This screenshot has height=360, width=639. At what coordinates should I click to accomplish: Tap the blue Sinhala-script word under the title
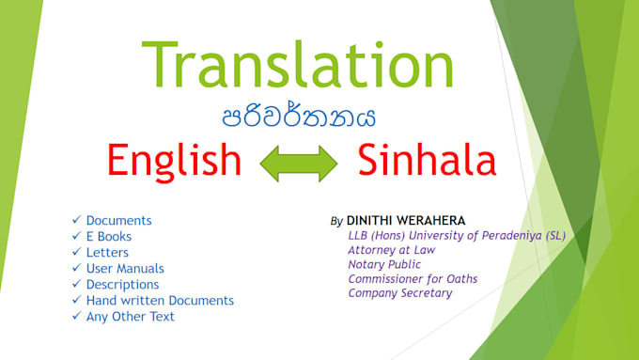click(299, 118)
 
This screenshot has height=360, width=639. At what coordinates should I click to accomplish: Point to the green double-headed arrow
click(299, 163)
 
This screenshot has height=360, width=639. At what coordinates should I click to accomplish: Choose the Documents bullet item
click(118, 221)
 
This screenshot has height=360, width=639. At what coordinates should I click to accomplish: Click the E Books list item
click(108, 237)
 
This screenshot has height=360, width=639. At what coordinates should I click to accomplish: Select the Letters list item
click(107, 253)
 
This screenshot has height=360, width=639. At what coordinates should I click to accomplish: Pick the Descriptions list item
click(122, 285)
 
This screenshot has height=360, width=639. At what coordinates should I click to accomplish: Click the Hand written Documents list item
click(160, 301)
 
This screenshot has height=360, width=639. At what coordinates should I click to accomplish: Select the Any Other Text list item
click(130, 317)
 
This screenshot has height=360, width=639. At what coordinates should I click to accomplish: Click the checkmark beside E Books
click(76, 237)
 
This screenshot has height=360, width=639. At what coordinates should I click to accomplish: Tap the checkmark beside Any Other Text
click(76, 317)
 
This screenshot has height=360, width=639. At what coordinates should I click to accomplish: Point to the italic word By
click(336, 222)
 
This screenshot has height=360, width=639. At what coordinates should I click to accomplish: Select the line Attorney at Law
click(391, 250)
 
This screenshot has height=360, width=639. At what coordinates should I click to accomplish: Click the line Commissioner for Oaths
click(413, 278)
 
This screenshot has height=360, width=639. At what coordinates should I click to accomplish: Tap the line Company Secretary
click(399, 292)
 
